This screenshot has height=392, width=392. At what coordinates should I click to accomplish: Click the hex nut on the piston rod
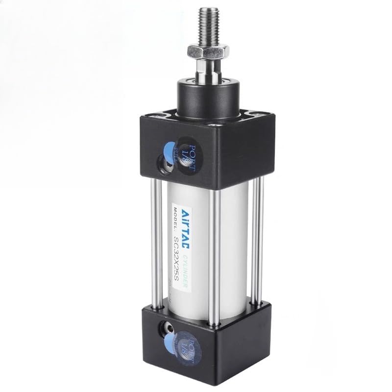[208, 50]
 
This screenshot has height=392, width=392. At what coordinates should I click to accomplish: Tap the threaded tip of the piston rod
[206, 24]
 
